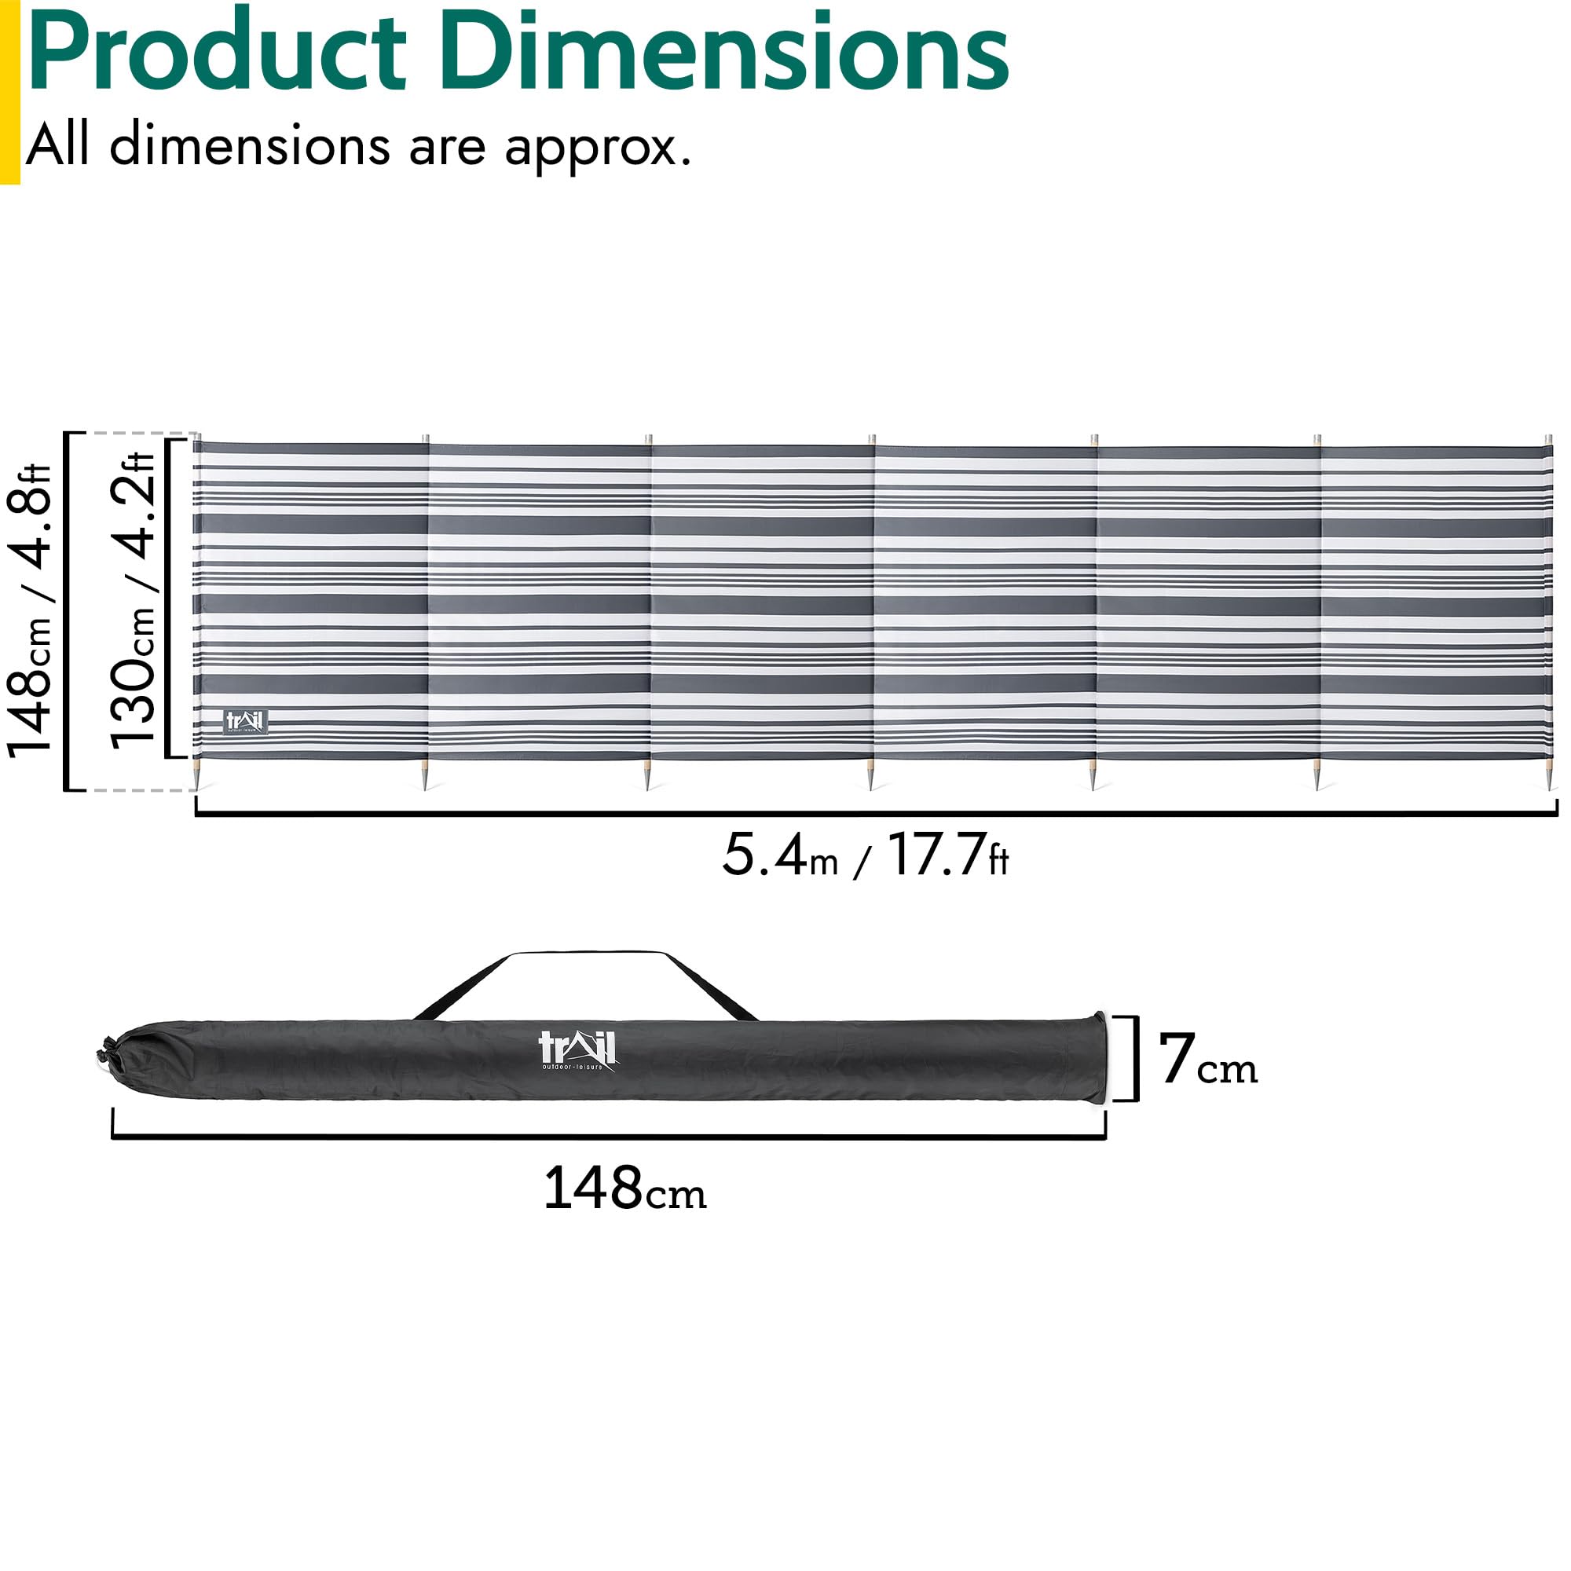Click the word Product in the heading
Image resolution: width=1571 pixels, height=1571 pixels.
(216, 50)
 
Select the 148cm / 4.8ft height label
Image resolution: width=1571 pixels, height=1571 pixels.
(30, 610)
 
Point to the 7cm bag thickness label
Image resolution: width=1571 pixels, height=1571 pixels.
(1208, 1059)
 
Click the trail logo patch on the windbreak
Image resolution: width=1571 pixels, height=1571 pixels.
(245, 721)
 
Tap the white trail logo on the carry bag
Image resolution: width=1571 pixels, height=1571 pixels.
(577, 1050)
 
